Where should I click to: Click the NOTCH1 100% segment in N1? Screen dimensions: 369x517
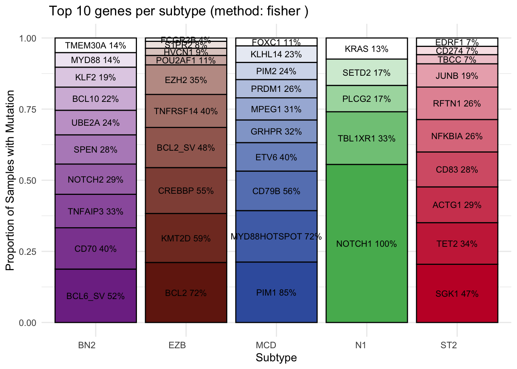click(366, 244)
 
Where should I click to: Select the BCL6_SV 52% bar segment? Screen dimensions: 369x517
click(95, 296)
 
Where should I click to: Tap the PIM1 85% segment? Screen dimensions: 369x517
click(276, 293)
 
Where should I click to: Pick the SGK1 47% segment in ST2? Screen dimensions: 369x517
click(457, 294)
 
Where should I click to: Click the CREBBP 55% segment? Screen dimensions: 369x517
click(186, 191)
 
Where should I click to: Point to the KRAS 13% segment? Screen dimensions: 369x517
click(366, 49)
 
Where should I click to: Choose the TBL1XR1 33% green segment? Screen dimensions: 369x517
click(366, 138)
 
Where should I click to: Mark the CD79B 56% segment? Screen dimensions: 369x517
click(276, 191)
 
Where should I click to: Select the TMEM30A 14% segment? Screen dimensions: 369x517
click(95, 45)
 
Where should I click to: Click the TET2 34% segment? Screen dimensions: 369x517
click(457, 244)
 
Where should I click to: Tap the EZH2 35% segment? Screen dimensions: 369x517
click(186, 80)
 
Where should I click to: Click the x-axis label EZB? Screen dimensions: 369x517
click(177, 345)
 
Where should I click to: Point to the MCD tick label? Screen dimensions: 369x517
click(266, 345)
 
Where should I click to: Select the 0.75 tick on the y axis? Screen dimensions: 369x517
click(28, 110)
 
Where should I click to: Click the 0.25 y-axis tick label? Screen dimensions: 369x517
click(28, 252)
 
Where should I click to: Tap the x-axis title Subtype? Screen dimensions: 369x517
click(276, 358)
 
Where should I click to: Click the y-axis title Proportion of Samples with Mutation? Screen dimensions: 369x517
click(10, 180)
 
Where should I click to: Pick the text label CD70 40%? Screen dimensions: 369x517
click(95, 249)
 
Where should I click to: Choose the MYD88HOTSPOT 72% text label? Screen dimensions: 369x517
click(276, 236)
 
